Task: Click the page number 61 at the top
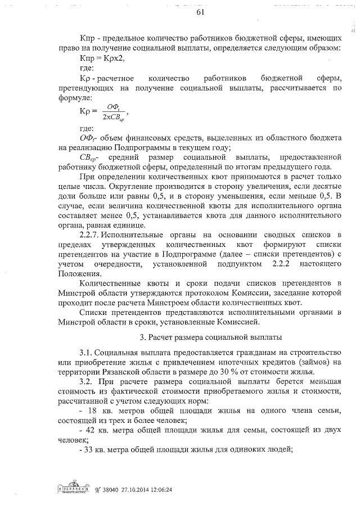coord(200,13)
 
